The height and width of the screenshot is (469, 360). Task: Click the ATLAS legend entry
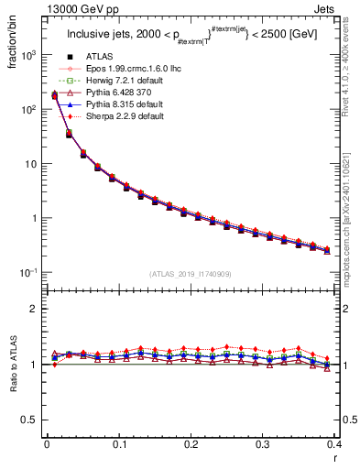[99, 57]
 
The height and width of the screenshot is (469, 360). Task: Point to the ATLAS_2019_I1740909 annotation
[189, 274]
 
